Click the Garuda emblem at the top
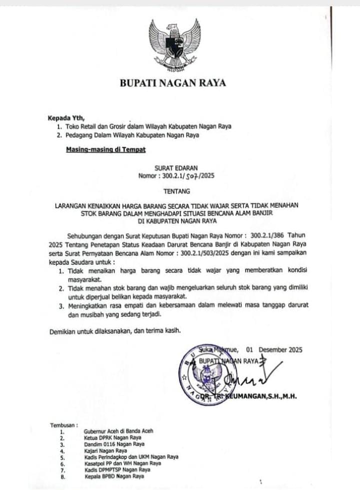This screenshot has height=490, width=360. pyautogui.click(x=174, y=45)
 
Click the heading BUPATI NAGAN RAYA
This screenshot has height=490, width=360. pyautogui.click(x=172, y=83)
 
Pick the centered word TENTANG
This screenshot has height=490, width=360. pyautogui.click(x=173, y=191)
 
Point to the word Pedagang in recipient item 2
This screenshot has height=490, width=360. pyautogui.click(x=82, y=135)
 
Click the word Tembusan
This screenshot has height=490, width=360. pyautogui.click(x=63, y=425)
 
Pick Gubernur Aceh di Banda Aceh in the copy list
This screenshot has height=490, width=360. pyautogui.click(x=119, y=431)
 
